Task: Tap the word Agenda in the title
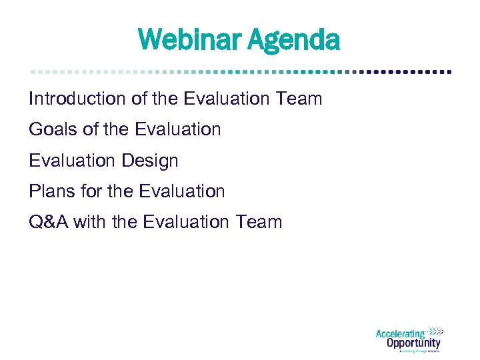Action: click(294, 40)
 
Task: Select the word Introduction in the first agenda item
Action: click(77, 99)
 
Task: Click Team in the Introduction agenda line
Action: click(299, 99)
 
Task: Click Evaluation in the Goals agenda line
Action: click(177, 129)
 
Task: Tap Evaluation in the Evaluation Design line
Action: click(71, 161)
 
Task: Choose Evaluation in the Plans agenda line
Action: click(181, 191)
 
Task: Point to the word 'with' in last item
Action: click(87, 222)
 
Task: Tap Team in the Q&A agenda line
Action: click(259, 222)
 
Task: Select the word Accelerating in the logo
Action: click(401, 334)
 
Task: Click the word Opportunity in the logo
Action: click(413, 343)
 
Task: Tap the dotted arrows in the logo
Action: click(435, 331)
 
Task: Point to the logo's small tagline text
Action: click(419, 351)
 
